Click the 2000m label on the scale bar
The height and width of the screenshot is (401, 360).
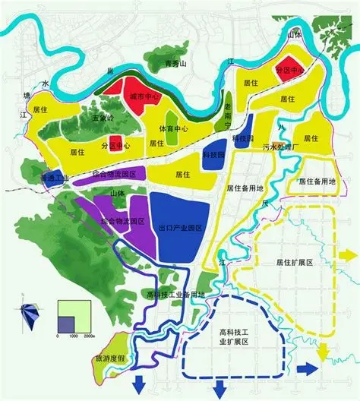pos(88,335)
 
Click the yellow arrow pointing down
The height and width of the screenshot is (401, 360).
pos(322,352)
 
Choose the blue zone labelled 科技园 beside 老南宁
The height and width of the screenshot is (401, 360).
pos(214,152)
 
